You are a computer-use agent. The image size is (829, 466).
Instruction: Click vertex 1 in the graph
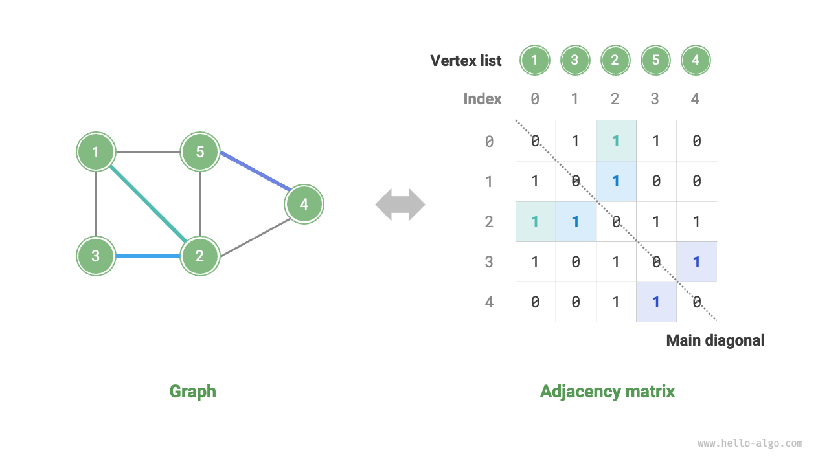(96, 152)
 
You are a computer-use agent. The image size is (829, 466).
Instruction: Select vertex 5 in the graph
(200, 152)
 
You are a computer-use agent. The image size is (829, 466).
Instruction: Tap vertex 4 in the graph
(304, 205)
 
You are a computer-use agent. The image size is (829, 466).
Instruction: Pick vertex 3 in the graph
(96, 256)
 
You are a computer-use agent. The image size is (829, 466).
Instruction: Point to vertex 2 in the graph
(200, 256)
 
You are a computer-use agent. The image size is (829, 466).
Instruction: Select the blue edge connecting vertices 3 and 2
(148, 256)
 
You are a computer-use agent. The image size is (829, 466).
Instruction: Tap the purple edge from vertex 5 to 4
(255, 172)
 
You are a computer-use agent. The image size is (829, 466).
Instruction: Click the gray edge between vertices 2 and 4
(254, 238)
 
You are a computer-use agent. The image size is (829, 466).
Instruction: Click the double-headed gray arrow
(400, 205)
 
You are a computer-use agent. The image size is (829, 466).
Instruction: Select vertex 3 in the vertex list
(575, 61)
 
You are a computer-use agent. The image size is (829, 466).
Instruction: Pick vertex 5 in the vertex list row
(655, 61)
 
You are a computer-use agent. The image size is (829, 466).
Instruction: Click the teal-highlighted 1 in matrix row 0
(615, 140)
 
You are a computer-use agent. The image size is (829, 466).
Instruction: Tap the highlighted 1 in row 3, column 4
(696, 261)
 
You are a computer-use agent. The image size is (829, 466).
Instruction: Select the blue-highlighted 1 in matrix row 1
(615, 181)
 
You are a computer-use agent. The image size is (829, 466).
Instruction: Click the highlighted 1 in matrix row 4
(655, 302)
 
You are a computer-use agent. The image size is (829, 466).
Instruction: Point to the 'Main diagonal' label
(715, 340)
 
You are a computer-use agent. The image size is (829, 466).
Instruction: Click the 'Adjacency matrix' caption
(607, 392)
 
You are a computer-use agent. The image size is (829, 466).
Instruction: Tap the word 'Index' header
(483, 99)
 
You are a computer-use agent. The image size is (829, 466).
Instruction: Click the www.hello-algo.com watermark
(750, 443)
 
